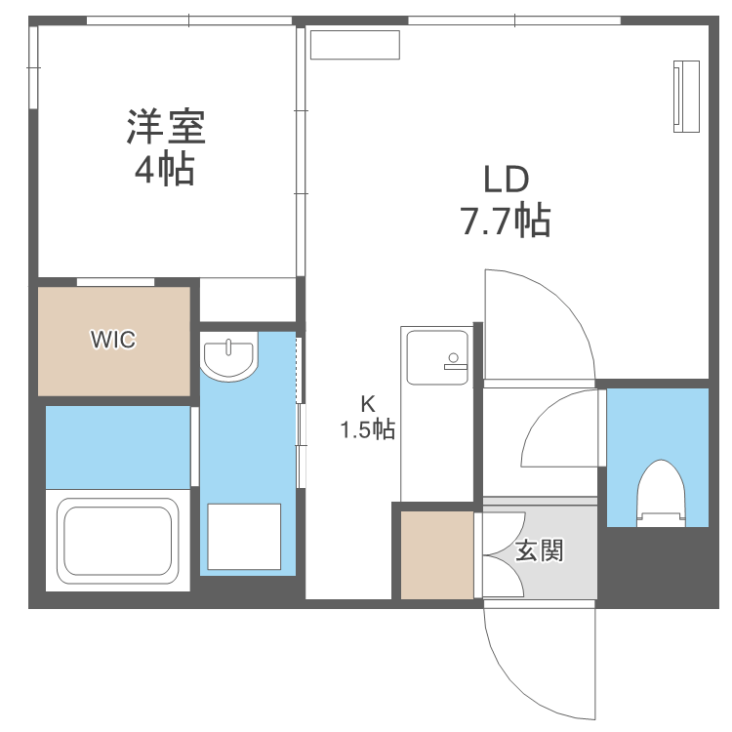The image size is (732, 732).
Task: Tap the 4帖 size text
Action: click(164, 172)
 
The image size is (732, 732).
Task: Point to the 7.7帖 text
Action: click(506, 222)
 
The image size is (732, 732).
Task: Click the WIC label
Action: click(113, 340)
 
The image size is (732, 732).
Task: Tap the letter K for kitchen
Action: click(367, 401)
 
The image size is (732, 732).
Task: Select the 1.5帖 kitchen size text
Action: click(367, 429)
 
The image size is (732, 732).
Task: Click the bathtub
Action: click(118, 539)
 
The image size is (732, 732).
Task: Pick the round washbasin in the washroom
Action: click(229, 356)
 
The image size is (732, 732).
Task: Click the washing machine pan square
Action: click(244, 537)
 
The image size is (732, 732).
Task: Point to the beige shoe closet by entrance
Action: click(436, 553)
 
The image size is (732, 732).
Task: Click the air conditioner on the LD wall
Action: click(686, 95)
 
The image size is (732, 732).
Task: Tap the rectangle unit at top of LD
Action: click(355, 45)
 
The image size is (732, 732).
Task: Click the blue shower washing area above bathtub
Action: click(117, 446)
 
